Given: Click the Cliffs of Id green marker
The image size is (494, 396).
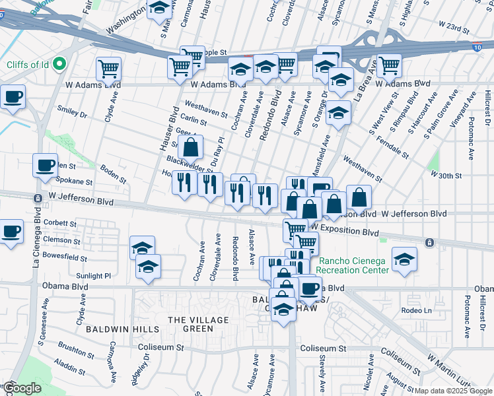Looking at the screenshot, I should click(59, 64).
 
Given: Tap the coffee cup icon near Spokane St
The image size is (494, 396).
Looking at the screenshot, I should click(45, 165).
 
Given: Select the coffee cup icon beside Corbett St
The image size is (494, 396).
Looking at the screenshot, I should click(11, 232).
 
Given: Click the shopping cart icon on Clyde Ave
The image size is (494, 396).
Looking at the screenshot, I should click(108, 67).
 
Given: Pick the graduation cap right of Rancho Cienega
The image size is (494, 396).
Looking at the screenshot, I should click(404, 259).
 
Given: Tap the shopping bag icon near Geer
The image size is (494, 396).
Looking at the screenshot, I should click(190, 148).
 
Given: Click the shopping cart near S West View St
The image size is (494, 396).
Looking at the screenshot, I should click(389, 65).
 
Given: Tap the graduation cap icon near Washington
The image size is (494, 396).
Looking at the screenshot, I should click(159, 9).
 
